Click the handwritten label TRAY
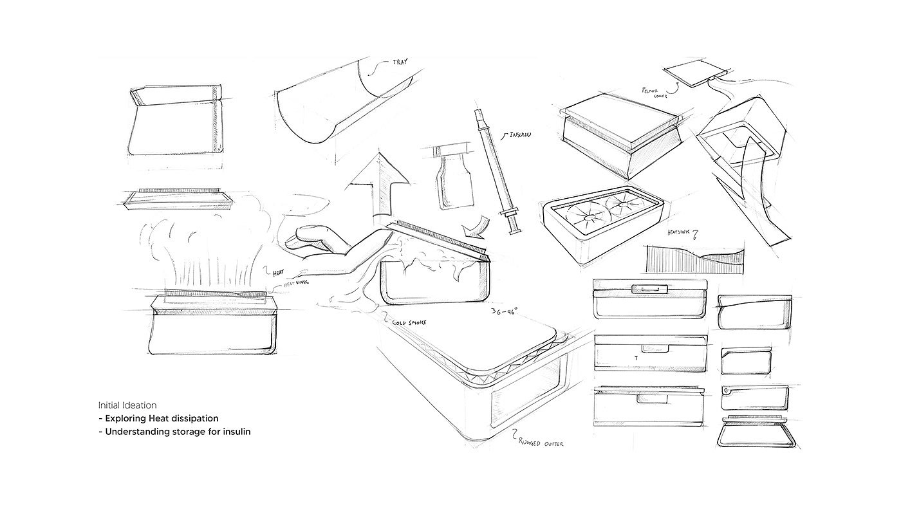pyautogui.click(x=400, y=62)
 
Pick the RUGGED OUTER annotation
pyautogui.click(x=544, y=442)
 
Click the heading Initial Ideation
pyautogui.click(x=127, y=405)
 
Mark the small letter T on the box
pyautogui.click(x=636, y=358)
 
